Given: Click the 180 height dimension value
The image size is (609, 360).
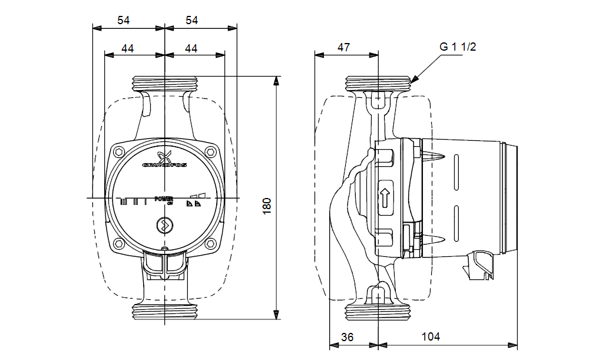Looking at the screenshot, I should (x=267, y=204).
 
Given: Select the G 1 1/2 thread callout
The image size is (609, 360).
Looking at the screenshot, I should (x=458, y=47).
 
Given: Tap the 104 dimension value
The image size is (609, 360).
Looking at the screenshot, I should (x=431, y=336).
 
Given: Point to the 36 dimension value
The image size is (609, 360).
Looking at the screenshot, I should (x=348, y=336).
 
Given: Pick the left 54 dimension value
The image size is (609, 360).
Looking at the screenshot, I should (x=123, y=20).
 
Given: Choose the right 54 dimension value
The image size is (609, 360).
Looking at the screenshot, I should (x=192, y=20).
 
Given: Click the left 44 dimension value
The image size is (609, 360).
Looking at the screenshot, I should (x=128, y=48).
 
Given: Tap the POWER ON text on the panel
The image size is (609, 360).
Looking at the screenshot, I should (x=164, y=200).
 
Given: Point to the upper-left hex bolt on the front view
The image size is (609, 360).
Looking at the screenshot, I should (x=120, y=152).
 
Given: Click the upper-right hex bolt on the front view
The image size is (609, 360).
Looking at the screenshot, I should (x=210, y=152).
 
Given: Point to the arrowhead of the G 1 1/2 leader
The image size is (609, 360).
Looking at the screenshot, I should (x=412, y=80).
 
